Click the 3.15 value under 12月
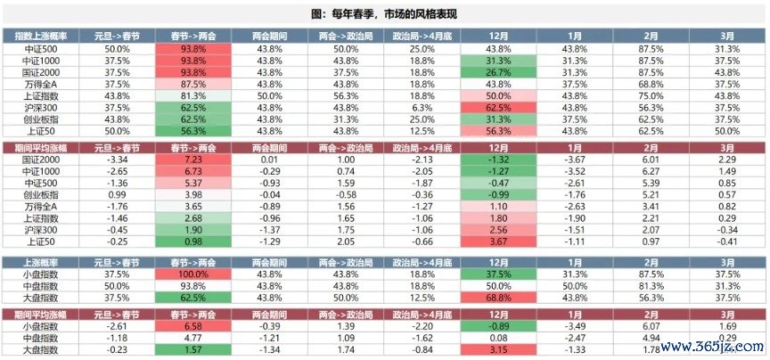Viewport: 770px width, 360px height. (x=499, y=348)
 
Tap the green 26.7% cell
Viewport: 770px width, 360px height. (x=499, y=71)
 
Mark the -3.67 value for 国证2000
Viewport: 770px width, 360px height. (x=575, y=158)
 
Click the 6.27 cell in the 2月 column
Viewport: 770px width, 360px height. (x=651, y=169)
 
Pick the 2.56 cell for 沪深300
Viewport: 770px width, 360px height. (x=499, y=228)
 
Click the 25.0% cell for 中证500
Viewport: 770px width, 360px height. (x=422, y=48)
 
